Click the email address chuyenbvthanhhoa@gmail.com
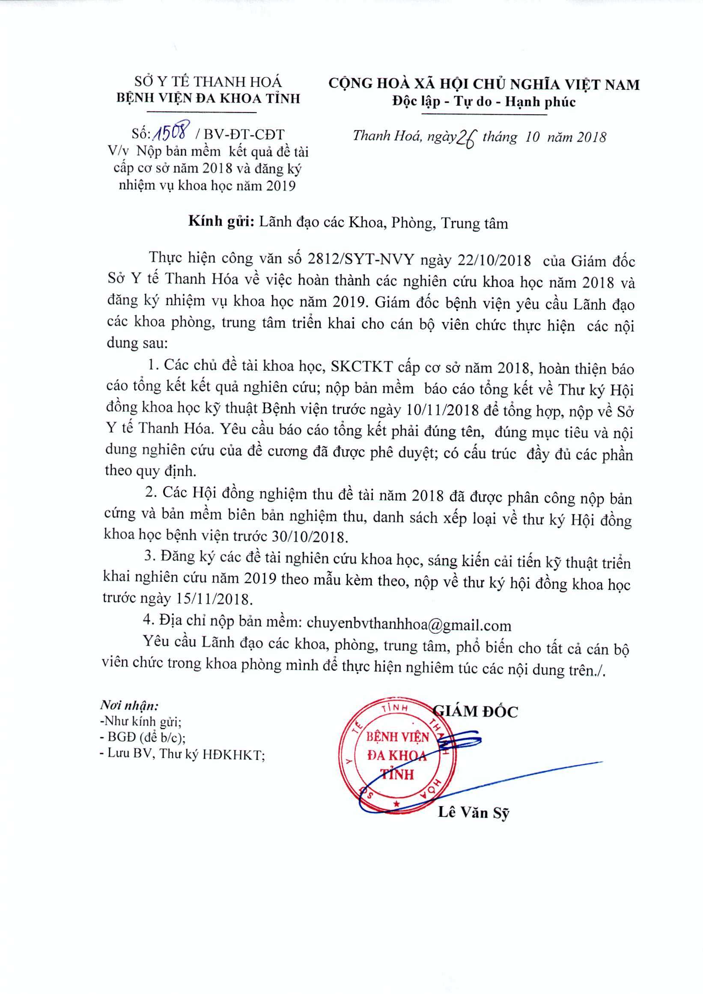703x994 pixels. point(408,625)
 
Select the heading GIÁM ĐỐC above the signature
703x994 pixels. point(476,712)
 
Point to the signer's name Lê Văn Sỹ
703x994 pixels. point(474,812)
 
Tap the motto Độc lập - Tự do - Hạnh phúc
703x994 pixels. point(483,102)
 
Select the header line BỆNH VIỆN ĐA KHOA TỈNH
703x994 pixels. point(209,99)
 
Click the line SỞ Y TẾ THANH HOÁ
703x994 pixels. point(209,81)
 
